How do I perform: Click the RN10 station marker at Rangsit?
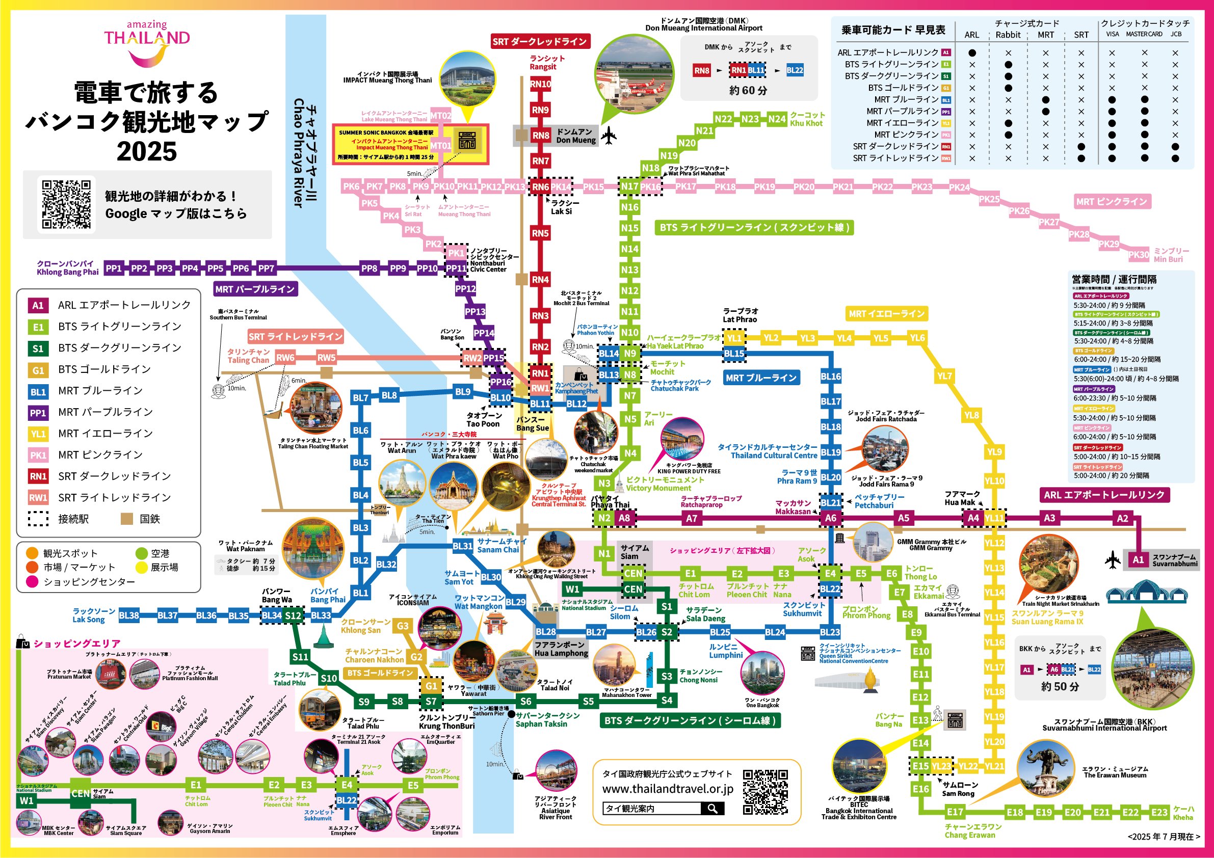coord(540,84)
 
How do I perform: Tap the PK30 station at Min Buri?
coord(1139,255)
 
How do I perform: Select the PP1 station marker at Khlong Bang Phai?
coord(114,269)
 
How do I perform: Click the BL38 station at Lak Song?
coord(129,615)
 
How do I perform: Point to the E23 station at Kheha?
coord(1159,813)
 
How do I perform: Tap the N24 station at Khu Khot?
coord(777,119)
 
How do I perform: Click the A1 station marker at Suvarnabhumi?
coord(1138,560)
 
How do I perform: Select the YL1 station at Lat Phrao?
coord(734,338)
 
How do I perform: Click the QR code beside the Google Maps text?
coord(67,205)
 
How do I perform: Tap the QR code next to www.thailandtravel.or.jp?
coord(765,792)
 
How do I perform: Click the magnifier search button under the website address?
coord(712,808)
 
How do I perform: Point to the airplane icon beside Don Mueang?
coord(609,136)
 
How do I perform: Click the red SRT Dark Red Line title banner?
coord(540,41)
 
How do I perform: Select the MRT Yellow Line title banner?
coord(886,313)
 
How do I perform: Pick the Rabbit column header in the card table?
coord(1008,35)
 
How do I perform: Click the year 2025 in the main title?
coord(146,152)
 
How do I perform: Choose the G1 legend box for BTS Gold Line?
coord(38,370)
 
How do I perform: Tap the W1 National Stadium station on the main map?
coord(572,589)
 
